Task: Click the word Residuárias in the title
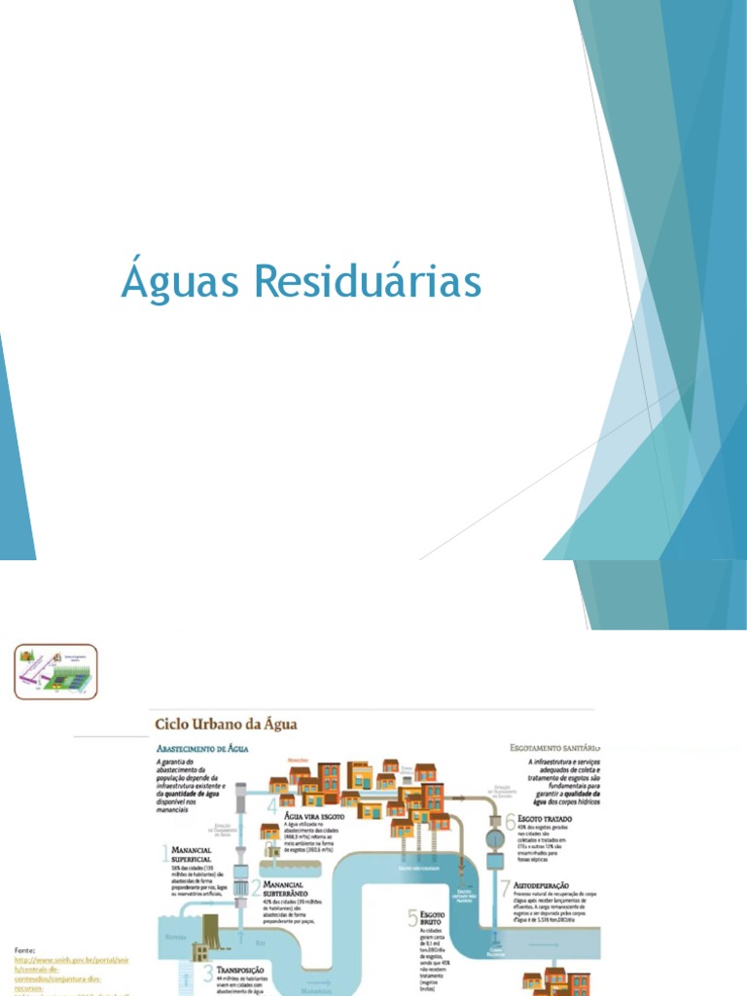[368, 283]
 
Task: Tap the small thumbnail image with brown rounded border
[55, 671]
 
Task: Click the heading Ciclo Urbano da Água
[226, 724]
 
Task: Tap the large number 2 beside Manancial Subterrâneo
[255, 887]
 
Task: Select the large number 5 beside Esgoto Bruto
[412, 917]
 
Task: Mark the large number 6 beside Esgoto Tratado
[510, 821]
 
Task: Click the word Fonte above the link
[27, 947]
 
